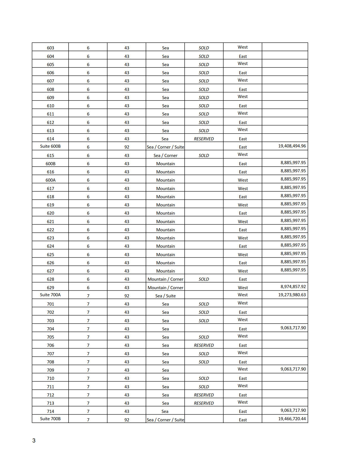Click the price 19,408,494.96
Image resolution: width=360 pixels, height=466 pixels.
(x=292, y=146)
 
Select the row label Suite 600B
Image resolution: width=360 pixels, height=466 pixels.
(x=50, y=146)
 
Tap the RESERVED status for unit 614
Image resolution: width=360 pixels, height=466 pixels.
(x=204, y=139)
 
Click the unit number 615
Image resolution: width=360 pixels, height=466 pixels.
(x=50, y=156)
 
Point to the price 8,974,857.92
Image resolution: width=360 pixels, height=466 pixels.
(x=293, y=287)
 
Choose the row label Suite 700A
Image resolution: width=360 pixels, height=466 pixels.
(x=50, y=295)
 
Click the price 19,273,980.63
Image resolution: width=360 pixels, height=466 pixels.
(x=292, y=295)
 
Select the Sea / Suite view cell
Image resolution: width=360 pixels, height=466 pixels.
(x=165, y=296)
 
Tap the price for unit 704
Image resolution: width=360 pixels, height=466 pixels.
(x=293, y=328)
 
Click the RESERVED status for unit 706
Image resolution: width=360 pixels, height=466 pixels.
(x=204, y=345)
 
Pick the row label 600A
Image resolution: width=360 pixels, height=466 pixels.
(x=50, y=180)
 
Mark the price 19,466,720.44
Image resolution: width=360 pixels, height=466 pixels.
(x=292, y=419)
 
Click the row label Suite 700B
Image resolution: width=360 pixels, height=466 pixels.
(x=50, y=419)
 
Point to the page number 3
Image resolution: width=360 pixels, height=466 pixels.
(x=34, y=441)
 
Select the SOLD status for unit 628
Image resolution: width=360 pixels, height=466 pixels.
(x=204, y=279)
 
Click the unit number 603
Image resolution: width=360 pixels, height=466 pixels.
(x=50, y=48)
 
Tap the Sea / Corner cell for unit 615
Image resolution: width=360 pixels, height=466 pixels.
(x=165, y=156)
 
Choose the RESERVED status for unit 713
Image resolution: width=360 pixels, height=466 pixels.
(x=204, y=403)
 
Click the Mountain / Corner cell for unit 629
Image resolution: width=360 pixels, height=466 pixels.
(x=165, y=288)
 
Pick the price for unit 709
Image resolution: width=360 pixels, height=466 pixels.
(x=293, y=369)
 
